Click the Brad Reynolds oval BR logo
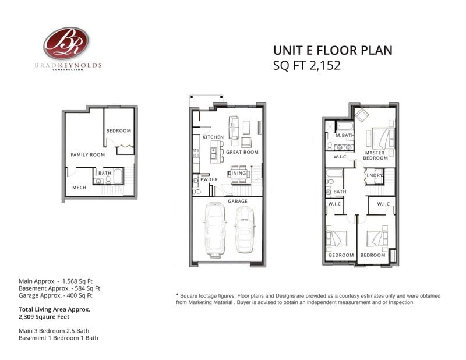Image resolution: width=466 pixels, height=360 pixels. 66,43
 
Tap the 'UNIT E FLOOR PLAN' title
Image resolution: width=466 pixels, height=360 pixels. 333,50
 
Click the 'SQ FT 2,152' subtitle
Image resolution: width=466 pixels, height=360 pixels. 307,65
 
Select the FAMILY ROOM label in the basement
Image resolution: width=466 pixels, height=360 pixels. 88,154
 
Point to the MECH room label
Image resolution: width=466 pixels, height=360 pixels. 79,188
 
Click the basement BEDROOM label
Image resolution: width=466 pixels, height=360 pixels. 119,131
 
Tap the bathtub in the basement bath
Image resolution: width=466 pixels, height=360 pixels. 118,177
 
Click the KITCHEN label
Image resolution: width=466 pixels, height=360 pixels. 213,137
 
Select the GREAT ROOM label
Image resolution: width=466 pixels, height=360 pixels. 242,152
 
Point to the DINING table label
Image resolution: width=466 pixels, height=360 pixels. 237,173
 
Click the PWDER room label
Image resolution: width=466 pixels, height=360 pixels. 209,179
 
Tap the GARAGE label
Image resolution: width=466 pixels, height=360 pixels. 238,201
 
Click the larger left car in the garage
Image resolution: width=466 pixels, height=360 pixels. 215,230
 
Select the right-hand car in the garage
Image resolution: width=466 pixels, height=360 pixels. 245,230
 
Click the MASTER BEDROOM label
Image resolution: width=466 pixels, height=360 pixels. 375,155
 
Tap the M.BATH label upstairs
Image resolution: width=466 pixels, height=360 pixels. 345,135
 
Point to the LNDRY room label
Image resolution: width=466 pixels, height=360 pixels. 375,175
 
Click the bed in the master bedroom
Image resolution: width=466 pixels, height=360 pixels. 380,138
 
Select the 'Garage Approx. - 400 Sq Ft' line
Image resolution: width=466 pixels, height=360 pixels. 55,295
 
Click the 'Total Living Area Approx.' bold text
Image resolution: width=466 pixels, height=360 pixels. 54,309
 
